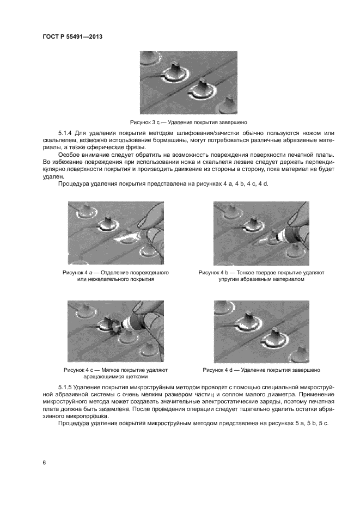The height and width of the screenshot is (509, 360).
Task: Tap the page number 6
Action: [44, 462]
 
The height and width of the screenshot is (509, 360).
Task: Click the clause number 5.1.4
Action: [66, 133]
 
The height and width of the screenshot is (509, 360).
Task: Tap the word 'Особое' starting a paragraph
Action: [69, 155]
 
